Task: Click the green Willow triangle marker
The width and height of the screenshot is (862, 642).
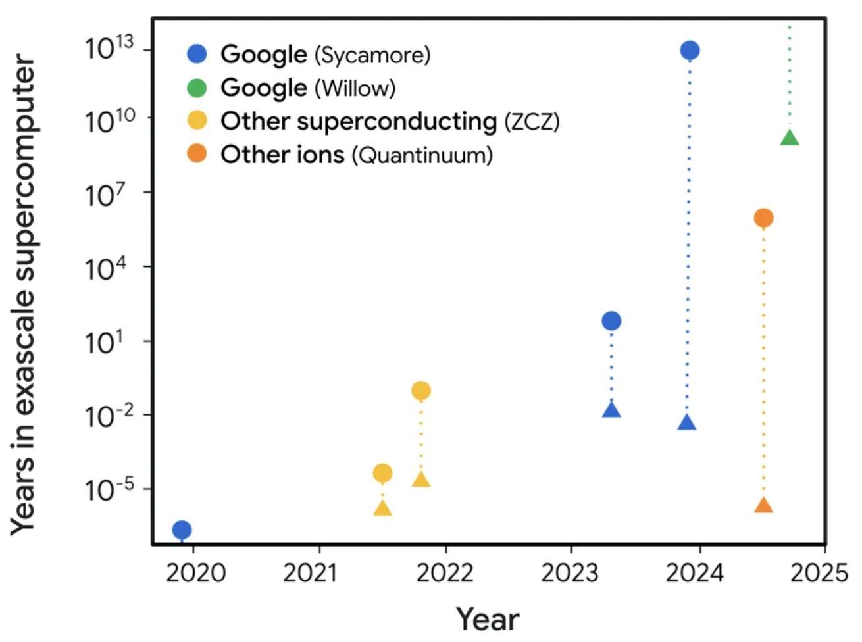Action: (790, 137)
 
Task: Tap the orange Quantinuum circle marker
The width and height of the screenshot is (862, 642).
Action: (763, 218)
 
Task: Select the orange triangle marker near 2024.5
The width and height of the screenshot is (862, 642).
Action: (763, 505)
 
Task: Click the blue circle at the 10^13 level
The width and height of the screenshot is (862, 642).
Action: (690, 50)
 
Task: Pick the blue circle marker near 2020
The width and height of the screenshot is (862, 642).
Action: (182, 530)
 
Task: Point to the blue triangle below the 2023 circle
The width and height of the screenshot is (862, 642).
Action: (611, 410)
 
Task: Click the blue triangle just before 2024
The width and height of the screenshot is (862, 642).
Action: (686, 423)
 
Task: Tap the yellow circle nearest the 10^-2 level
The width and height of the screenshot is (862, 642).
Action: (421, 391)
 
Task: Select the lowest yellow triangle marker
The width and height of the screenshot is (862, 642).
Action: (382, 508)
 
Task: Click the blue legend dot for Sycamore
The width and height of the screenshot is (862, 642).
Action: (197, 54)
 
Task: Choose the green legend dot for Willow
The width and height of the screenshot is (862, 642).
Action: (197, 87)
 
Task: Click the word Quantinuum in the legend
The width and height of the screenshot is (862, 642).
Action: (422, 155)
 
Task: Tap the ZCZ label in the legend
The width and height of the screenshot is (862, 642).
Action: (532, 122)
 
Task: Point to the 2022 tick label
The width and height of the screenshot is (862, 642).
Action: (445, 573)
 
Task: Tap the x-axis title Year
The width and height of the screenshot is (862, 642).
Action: (488, 618)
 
